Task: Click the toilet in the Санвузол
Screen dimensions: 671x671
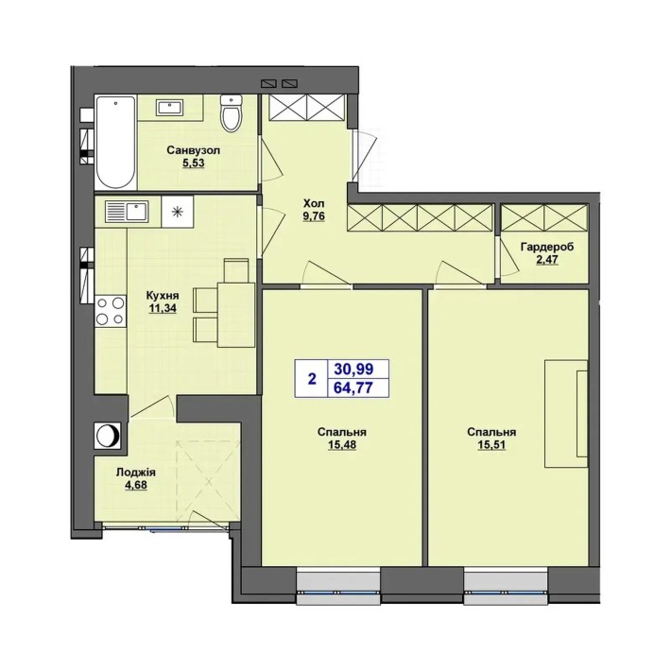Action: coord(232,112)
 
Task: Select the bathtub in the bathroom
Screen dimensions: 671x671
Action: coord(115,142)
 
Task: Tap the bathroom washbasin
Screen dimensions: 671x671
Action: coord(170,108)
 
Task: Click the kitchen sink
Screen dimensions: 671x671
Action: coord(127,211)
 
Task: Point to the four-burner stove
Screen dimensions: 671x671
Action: coord(111,311)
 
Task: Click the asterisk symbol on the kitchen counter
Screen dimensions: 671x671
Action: coord(177,212)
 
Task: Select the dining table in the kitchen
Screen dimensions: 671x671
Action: coord(236,315)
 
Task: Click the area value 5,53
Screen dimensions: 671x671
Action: coord(194,163)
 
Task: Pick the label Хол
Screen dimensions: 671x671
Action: coord(314,202)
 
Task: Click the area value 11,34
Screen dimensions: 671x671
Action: coord(163,308)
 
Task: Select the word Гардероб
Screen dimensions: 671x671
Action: coord(547,247)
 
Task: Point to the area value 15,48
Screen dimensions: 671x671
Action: coord(342,445)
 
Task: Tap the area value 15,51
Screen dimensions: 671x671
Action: coord(491,445)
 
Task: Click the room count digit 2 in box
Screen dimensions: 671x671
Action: coord(312,379)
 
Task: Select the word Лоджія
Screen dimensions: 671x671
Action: coord(136,473)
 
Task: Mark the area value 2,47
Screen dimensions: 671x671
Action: coord(547,260)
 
